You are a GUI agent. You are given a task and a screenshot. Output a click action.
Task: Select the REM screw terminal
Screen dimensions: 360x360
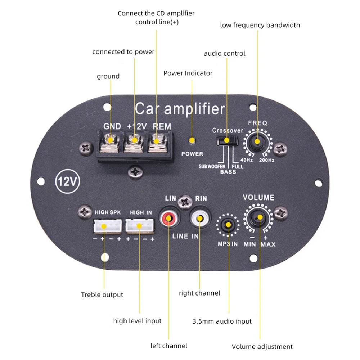point(157,140)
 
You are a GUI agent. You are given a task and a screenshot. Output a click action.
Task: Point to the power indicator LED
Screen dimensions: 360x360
point(193,140)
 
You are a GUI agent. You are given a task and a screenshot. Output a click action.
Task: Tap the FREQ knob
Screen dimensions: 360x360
point(257,141)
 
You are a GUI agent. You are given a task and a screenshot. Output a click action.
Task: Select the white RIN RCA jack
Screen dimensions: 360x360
point(199,218)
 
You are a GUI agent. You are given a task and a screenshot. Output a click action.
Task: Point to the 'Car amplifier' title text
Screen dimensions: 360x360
point(180,108)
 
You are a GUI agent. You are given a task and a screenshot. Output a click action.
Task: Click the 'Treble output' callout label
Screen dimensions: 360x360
point(102,295)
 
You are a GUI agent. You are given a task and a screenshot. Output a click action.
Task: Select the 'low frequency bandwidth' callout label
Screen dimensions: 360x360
point(260,25)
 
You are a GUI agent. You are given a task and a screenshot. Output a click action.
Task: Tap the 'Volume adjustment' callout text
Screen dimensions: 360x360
point(262,347)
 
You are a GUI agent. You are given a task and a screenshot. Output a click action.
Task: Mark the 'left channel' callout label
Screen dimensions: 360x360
point(169,346)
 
